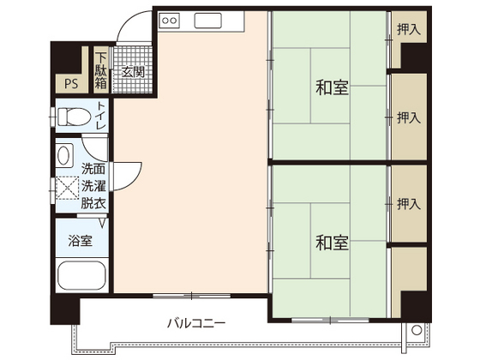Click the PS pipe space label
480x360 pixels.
pos(71,84)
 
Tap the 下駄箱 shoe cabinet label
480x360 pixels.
pos(101,70)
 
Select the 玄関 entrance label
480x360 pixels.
pos(133,72)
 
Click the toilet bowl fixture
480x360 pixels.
pos(74,117)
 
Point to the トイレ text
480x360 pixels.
pos(101,116)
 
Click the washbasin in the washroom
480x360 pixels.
pos(64,155)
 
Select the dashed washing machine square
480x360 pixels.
pos(68,188)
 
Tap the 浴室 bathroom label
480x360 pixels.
pos(81,241)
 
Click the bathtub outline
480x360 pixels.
pos(81,275)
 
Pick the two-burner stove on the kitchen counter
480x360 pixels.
pos(170,21)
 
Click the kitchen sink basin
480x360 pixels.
pos(207,21)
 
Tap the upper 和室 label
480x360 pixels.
pos(333,87)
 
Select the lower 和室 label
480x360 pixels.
pos(333,243)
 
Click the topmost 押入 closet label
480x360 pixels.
pos(409,29)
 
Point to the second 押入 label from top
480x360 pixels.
pos(409,117)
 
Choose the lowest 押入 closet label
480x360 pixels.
pos(409,204)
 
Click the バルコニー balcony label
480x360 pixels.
pos(196,323)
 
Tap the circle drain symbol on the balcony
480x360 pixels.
pos(417,330)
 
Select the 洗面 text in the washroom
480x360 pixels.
pos(93,169)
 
